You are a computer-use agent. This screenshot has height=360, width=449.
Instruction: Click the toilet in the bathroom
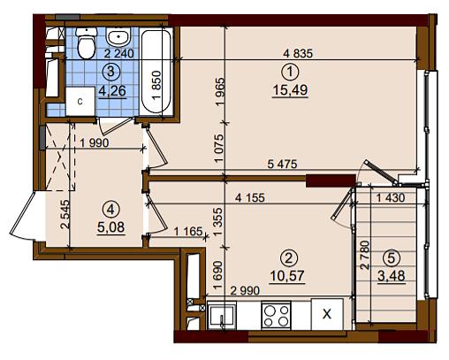pos(87,43)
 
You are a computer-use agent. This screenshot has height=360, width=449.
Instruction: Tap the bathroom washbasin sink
pos(118,36)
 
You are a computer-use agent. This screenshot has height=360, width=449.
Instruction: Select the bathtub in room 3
pos(156,72)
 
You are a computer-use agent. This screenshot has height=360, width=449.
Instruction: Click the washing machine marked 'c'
pos(80,102)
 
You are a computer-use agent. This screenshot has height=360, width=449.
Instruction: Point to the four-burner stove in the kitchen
pos(276,316)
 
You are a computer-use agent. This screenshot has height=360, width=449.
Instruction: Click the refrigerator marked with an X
pos(327,314)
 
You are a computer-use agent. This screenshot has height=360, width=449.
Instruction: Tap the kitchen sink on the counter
pos(222,316)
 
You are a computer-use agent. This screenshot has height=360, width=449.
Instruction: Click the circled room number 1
pos(290,72)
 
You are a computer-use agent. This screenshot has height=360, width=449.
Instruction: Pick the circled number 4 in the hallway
pos(110,210)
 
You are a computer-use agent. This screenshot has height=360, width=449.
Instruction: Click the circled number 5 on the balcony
pos(392,258)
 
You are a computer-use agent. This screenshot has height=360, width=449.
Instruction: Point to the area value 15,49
pos(290,89)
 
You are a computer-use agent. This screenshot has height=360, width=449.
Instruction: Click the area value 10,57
pos(287,276)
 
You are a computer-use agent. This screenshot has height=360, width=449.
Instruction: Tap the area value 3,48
pos(392,276)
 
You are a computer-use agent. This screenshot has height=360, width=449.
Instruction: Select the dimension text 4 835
pos(298,54)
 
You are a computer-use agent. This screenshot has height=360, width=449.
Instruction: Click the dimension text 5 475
pos(282,164)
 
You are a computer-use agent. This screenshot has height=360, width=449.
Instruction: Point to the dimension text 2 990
pos(245,291)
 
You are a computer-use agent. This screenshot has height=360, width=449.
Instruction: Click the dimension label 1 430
pos(391,198)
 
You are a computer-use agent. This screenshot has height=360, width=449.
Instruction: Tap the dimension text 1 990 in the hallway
pos(95,143)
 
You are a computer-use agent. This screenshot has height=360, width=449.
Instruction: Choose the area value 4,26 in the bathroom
pos(112,90)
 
